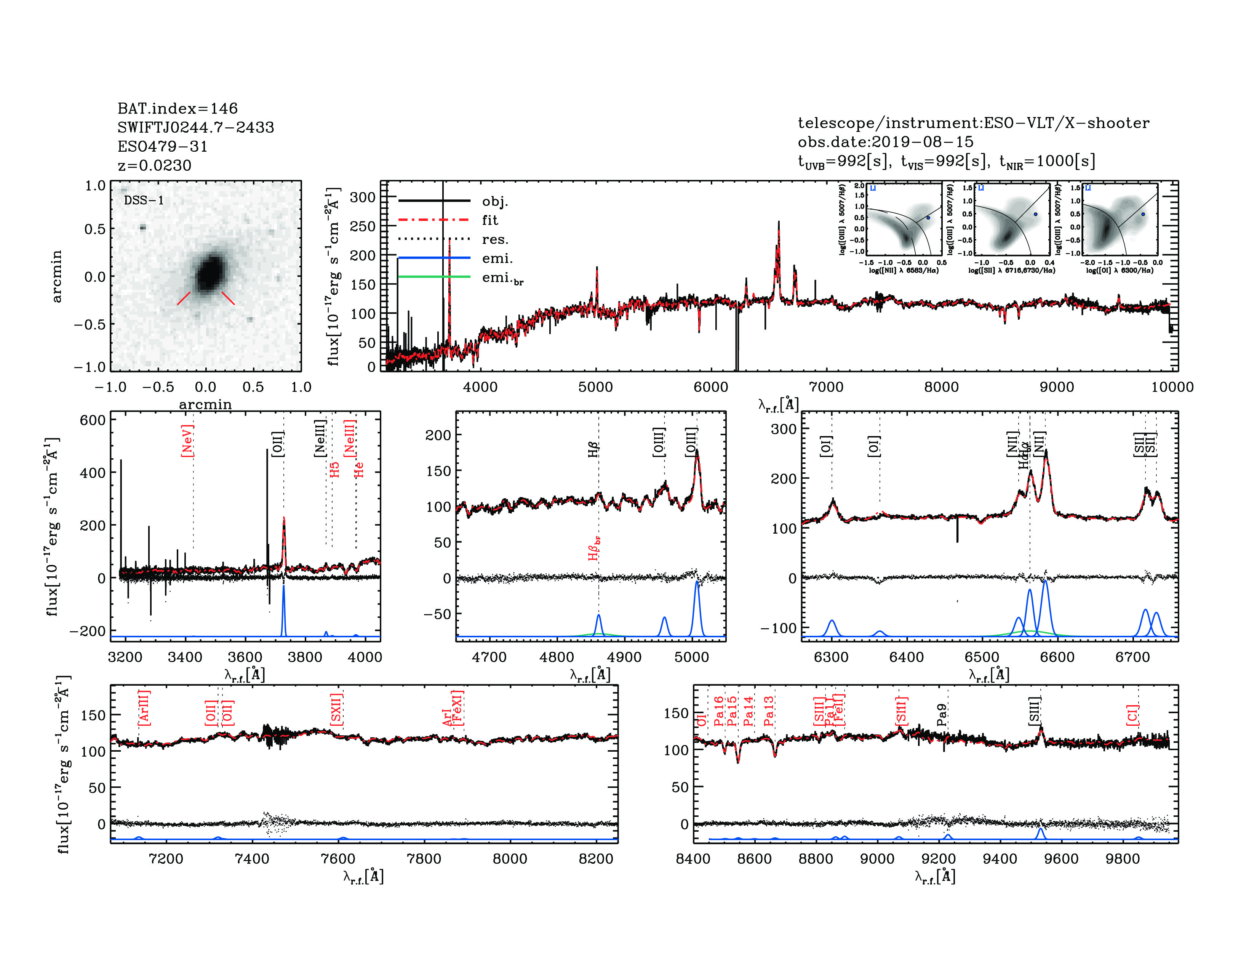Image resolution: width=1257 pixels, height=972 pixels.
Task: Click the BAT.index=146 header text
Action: point(177,108)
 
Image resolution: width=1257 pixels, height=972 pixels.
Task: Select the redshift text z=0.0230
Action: point(154,165)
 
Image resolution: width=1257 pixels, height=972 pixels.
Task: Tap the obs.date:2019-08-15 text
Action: point(885,142)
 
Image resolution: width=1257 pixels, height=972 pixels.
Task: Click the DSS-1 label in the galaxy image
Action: point(144,200)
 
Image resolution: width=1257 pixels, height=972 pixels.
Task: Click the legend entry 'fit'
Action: point(490,220)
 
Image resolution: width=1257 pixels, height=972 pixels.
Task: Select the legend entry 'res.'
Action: point(495,239)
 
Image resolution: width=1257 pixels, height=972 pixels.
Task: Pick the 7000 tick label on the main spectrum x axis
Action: point(826,387)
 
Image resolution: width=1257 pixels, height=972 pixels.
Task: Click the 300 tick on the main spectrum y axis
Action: point(363,197)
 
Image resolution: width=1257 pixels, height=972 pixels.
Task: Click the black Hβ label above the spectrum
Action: point(593,449)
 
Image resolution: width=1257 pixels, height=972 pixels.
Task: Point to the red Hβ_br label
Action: point(594,548)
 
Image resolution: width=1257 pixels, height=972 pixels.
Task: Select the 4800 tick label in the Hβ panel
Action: point(557,657)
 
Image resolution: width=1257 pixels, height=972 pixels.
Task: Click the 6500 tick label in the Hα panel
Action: point(982,657)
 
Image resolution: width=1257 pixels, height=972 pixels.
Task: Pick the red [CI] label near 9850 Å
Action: point(1132,715)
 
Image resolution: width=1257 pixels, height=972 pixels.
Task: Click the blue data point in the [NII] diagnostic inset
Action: point(928,218)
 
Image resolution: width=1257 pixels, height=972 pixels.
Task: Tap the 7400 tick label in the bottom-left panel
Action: point(252,858)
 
